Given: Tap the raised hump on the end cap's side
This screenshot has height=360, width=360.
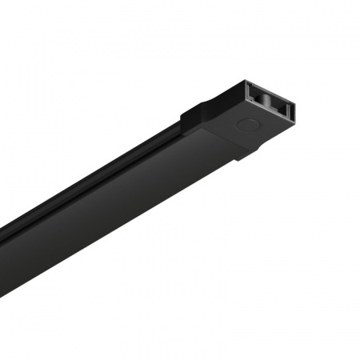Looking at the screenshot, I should pyautogui.click(x=197, y=112).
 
